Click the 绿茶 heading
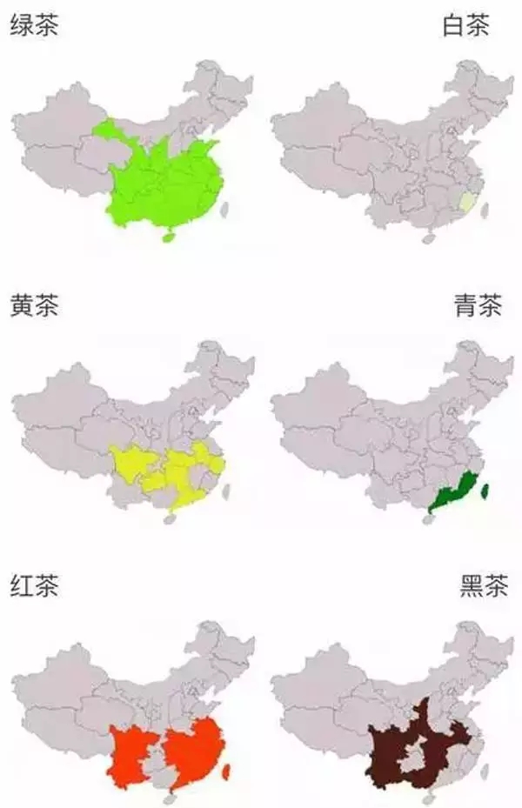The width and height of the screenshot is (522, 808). coord(34,25)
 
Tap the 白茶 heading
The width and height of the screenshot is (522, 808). coord(465,25)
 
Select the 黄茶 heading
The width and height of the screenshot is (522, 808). coord(34,306)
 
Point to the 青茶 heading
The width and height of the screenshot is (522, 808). coord(478,306)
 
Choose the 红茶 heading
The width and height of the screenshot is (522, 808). coord(34,587)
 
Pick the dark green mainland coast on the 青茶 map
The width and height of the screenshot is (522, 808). coord(452,495)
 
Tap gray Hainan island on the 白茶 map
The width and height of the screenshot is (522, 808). coord(428,237)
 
